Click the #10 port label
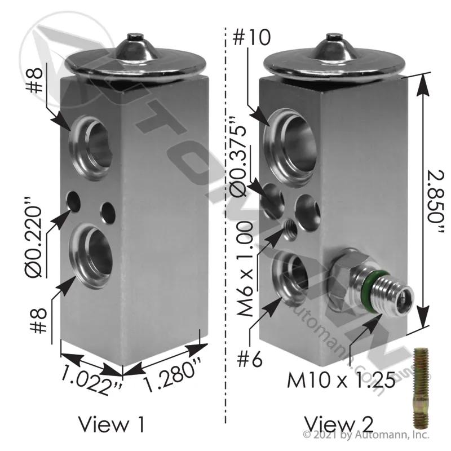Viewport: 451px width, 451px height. [251, 38]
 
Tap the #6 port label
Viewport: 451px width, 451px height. [249, 359]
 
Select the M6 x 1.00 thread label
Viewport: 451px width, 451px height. [245, 269]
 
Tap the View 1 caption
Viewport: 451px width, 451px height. [111, 425]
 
